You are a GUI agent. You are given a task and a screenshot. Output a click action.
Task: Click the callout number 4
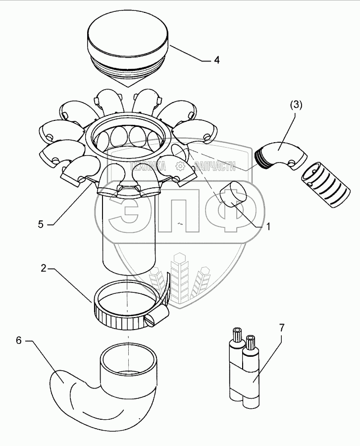point(216,60)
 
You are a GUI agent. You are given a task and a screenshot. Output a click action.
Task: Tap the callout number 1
point(268,226)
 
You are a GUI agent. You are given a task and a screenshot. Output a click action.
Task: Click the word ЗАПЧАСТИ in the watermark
point(216,167)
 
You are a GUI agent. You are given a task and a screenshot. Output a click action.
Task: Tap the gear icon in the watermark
point(182,167)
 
